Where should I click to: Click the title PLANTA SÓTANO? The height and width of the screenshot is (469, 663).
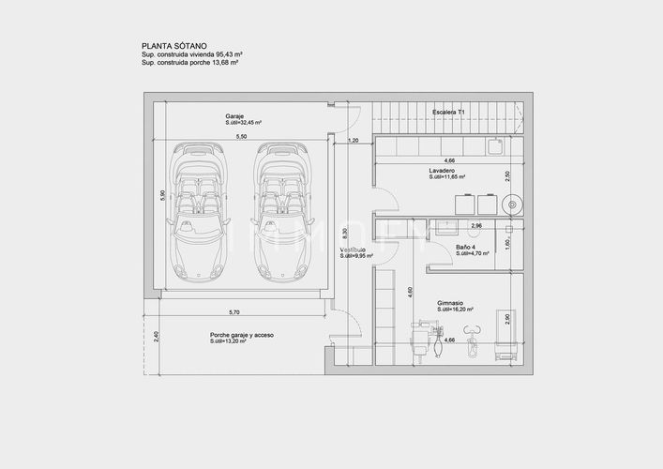tap(173, 44)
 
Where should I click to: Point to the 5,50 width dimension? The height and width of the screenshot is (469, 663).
tap(241, 137)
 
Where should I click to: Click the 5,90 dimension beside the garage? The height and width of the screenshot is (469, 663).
tap(162, 195)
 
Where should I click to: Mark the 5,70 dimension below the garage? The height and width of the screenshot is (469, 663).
tap(234, 311)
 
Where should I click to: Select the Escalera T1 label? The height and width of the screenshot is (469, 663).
tap(449, 112)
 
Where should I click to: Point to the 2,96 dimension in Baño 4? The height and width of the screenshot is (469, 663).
tap(475, 226)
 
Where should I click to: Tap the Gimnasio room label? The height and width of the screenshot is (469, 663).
tap(452, 303)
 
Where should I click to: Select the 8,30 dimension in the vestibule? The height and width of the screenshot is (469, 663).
tap(345, 232)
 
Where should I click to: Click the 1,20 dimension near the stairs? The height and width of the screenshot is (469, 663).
tap(353, 141)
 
